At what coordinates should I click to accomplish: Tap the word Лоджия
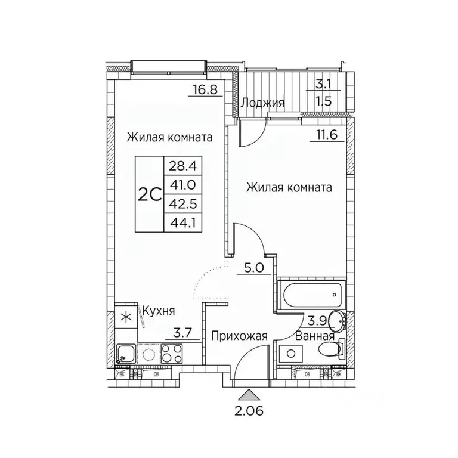tap(262, 103)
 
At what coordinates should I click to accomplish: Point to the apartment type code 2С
tap(150, 194)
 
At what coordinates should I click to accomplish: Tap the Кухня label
tap(158, 311)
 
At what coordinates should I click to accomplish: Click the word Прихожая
tap(238, 336)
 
